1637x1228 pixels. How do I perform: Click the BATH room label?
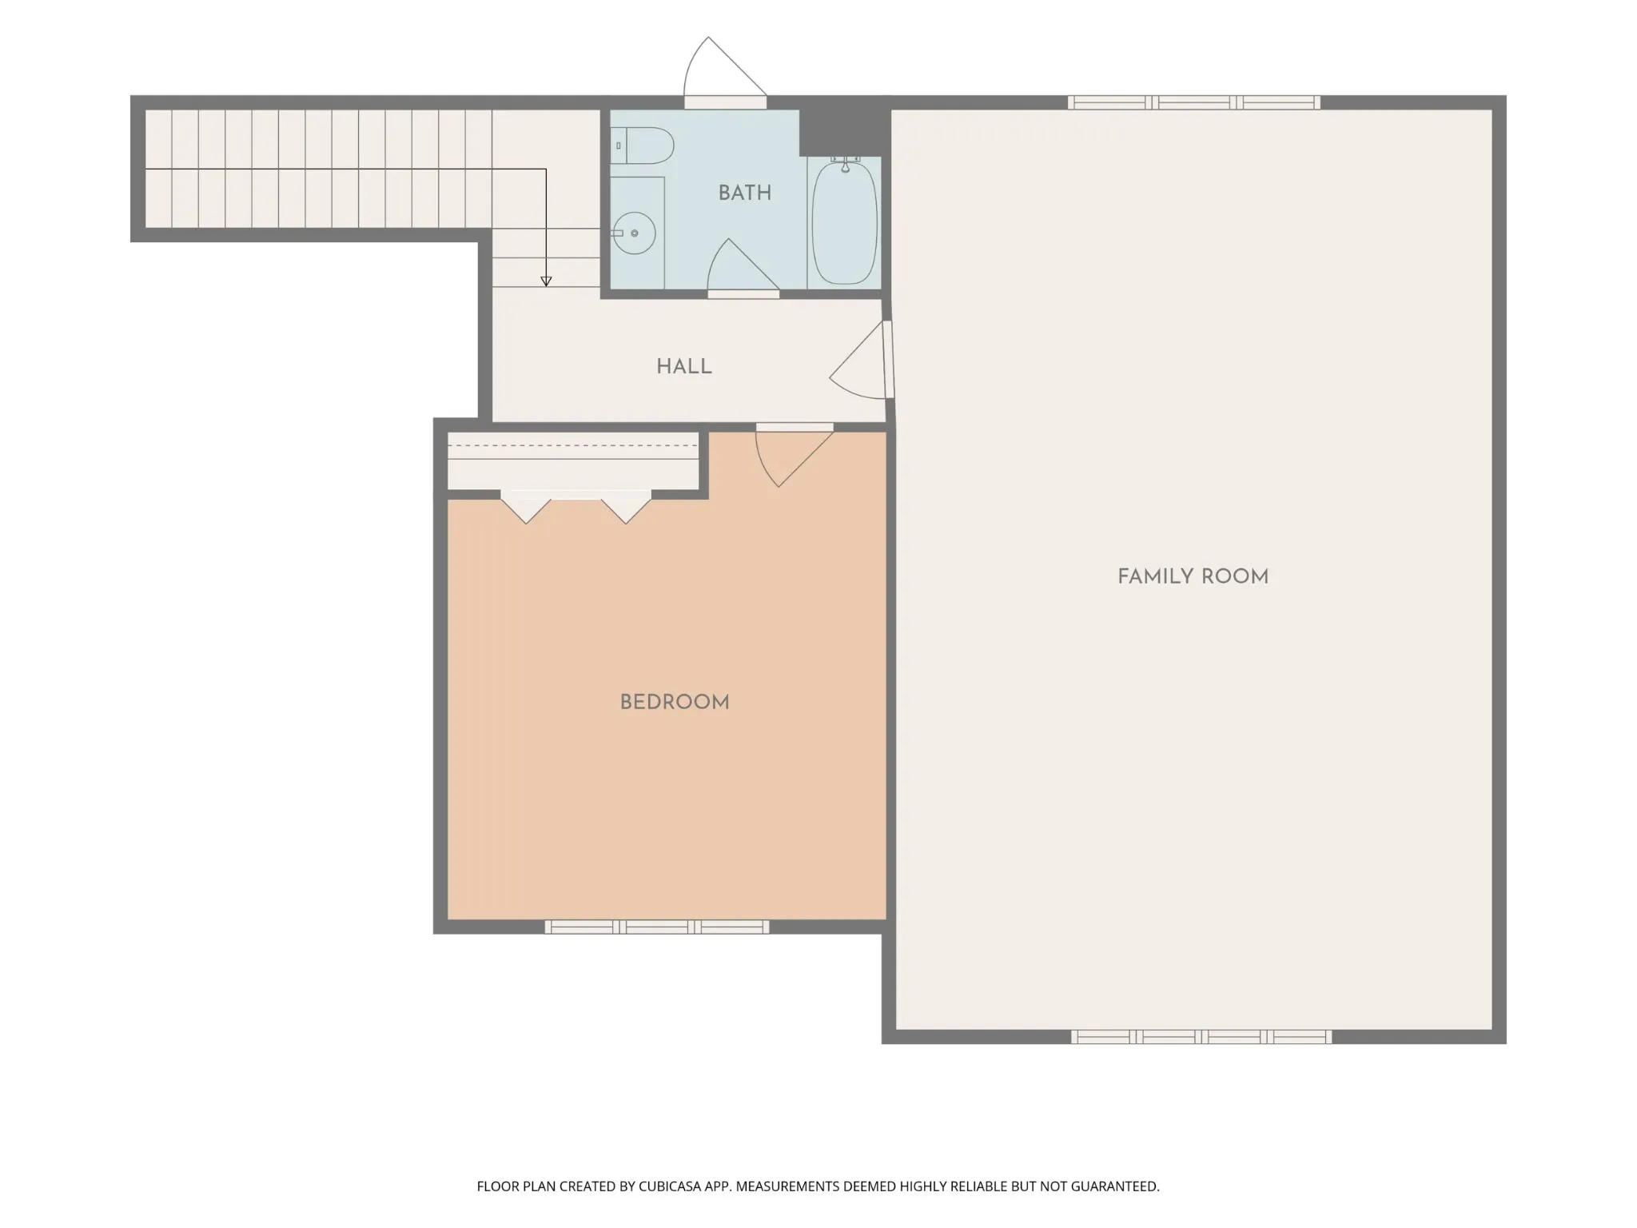744,193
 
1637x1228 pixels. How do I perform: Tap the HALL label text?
683,367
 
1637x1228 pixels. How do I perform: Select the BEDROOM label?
675,703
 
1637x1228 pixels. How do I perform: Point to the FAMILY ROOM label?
1193,576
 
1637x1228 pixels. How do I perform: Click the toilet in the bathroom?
643,146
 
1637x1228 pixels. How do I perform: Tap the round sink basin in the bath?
635,233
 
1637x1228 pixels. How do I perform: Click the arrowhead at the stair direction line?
546,281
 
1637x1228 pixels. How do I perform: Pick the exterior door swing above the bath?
724,67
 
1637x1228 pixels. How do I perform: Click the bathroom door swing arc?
742,265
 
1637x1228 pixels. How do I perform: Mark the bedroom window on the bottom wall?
657,927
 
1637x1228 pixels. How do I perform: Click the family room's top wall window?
1194,102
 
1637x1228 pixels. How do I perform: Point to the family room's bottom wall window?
1201,1037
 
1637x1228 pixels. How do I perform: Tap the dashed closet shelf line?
572,445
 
